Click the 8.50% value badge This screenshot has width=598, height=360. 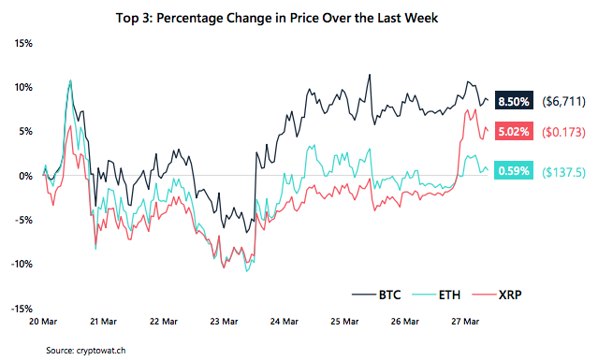514,100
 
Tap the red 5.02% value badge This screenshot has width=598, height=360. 514,132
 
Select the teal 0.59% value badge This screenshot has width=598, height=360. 514,171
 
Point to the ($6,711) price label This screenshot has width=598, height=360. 562,100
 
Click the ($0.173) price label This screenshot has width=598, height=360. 562,132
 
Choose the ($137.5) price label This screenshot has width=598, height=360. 562,171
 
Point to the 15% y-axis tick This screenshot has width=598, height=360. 23,43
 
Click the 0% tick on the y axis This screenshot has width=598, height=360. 26,176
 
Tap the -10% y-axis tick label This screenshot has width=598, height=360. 21,264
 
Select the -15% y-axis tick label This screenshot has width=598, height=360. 21,308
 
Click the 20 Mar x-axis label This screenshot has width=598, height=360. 44,321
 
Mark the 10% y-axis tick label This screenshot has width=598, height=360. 23,87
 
